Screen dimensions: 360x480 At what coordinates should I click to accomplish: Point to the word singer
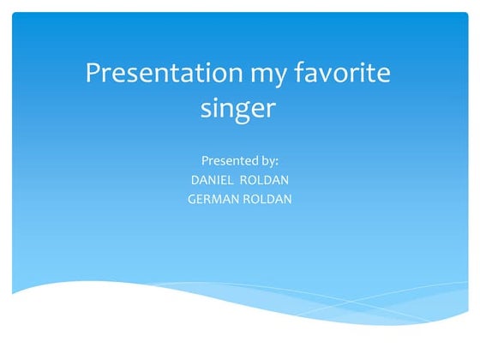tap(238, 111)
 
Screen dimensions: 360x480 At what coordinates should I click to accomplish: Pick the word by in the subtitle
tap(269, 160)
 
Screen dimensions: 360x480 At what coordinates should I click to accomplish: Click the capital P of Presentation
tap(93, 73)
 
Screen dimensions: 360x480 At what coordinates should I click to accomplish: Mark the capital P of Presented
tap(204, 159)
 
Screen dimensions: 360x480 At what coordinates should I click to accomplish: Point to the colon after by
tap(277, 161)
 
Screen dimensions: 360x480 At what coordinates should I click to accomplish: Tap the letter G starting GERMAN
tap(191, 199)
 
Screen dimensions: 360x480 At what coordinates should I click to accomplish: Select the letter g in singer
tap(241, 112)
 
